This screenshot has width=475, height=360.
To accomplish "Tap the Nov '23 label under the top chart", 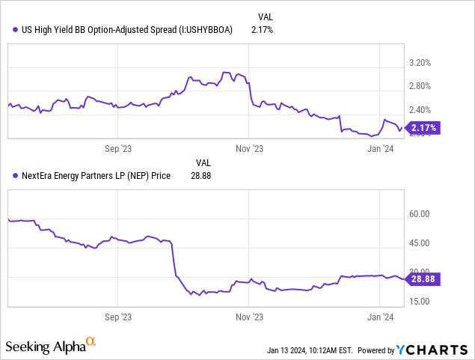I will tap(249, 148).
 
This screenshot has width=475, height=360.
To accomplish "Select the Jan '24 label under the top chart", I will tap(381, 148).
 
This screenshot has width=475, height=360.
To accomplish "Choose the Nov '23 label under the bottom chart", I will tap(249, 317).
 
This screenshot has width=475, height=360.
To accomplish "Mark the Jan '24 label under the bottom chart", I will tap(381, 317).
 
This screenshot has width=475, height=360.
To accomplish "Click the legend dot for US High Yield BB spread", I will tap(16, 30).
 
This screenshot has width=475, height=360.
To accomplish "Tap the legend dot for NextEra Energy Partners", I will tap(16, 177).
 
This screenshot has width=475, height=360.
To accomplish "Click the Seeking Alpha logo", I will tap(51, 346).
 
